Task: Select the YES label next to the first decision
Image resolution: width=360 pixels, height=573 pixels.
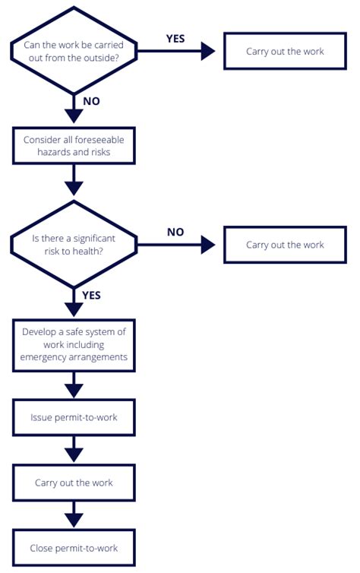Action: tap(175, 38)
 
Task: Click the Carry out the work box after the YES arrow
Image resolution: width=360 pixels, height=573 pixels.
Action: tap(285, 52)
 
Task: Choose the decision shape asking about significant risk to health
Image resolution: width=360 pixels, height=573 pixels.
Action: tap(74, 245)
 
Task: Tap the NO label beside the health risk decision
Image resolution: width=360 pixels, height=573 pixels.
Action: tap(175, 232)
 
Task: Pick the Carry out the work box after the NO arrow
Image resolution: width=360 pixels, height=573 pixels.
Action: tap(285, 245)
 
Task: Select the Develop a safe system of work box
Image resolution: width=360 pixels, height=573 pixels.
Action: tap(74, 344)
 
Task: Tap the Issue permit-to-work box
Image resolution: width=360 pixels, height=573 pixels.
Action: tap(74, 417)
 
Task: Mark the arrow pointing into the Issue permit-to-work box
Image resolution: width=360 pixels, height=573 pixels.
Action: tap(74, 388)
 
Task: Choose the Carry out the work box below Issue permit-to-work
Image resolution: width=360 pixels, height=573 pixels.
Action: tap(74, 483)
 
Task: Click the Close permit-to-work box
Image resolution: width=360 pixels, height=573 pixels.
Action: tap(74, 548)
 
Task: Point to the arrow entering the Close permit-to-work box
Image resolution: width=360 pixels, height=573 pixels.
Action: tap(74, 518)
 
